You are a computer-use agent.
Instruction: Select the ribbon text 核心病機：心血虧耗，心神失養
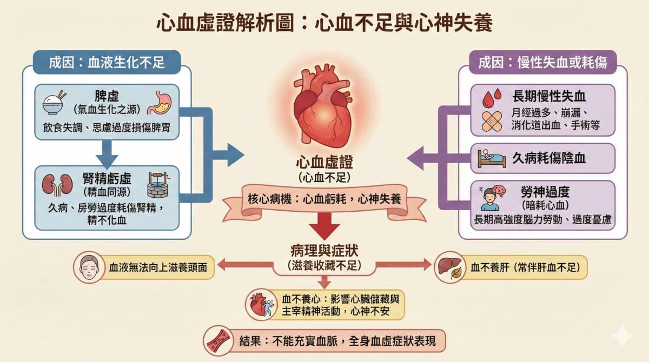[x=324, y=198]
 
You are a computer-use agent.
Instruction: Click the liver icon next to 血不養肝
[x=448, y=266]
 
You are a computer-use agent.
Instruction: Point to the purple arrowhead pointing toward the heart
[x=416, y=159]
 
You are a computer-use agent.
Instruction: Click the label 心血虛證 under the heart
[x=324, y=163]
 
